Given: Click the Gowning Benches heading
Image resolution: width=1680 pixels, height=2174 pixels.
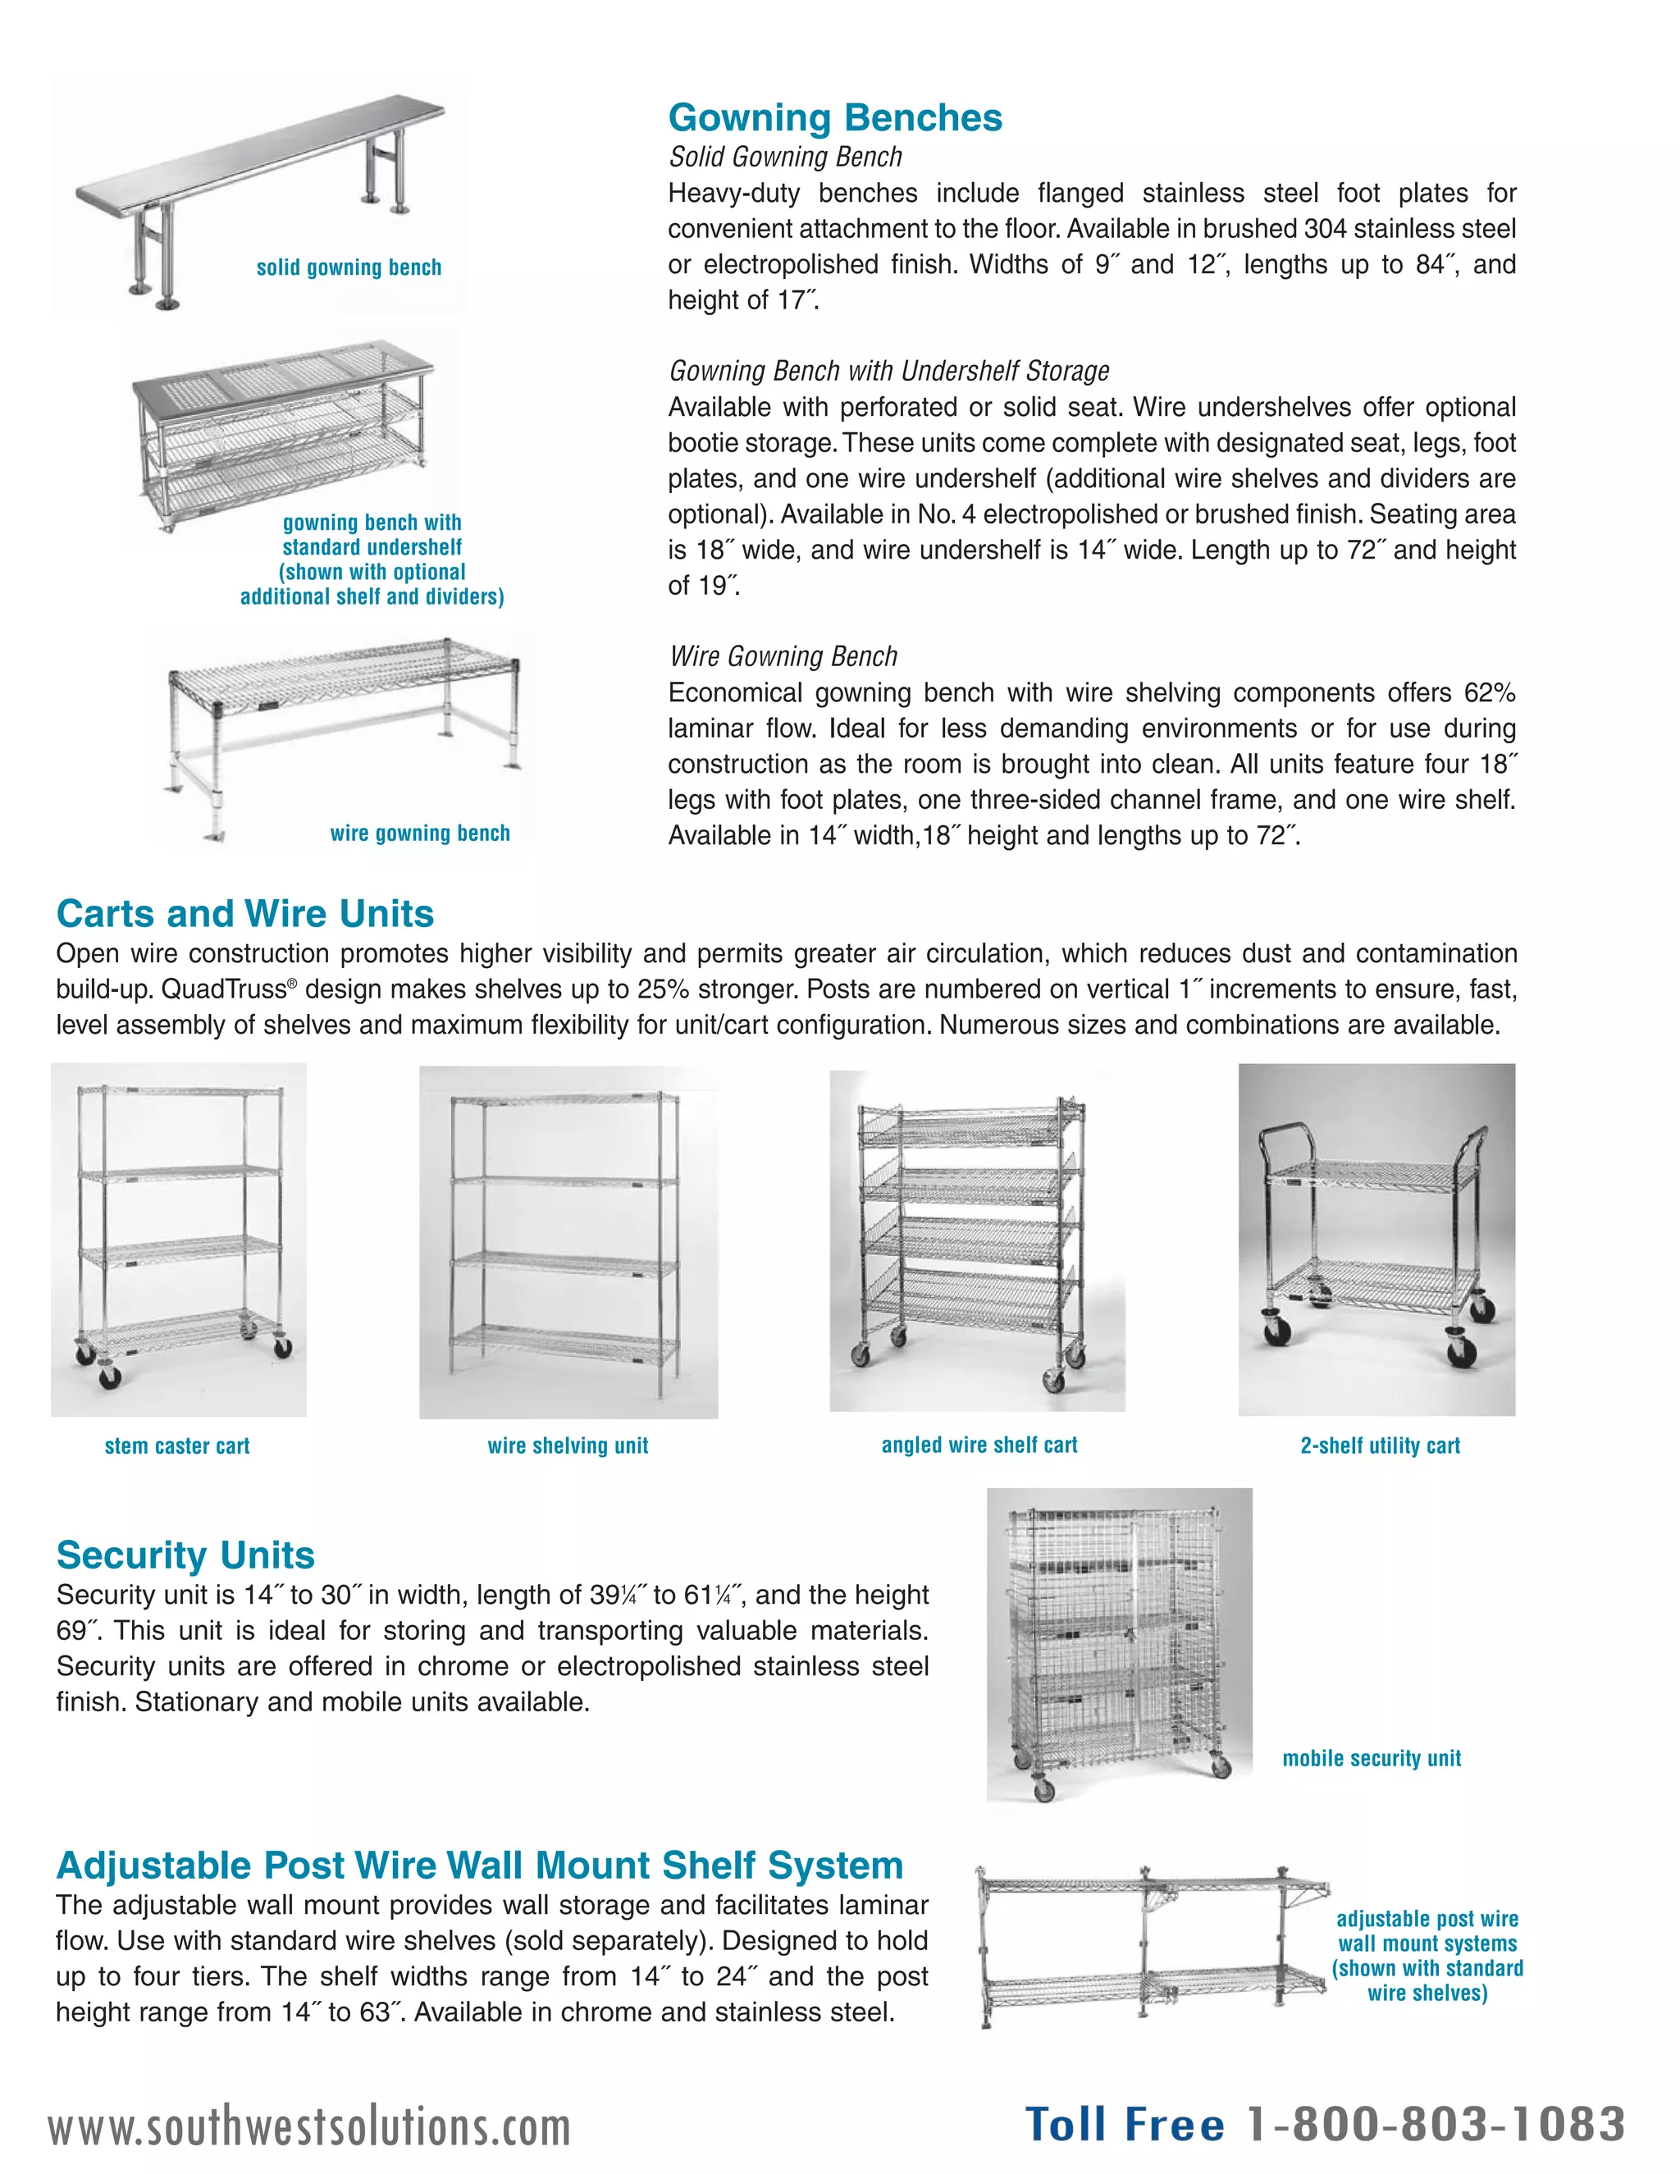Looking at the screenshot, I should (x=834, y=117).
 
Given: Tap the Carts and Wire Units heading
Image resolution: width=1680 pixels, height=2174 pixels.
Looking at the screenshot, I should (x=244, y=913).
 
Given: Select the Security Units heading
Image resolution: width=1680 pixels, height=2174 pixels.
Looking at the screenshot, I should (x=185, y=1554).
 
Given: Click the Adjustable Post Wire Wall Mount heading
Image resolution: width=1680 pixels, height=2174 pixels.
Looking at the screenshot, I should (x=479, y=1865).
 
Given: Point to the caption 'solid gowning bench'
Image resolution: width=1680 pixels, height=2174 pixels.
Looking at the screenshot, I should (x=349, y=267).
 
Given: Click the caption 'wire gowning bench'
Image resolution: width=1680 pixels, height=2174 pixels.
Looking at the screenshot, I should (x=419, y=834).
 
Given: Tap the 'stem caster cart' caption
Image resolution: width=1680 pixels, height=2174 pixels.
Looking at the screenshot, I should (x=177, y=1446).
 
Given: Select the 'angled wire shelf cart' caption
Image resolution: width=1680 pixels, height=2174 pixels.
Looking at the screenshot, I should (x=979, y=1445).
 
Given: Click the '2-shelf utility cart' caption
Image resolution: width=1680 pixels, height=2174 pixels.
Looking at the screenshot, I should (x=1380, y=1446).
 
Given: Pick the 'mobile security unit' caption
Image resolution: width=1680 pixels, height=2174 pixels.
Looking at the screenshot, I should (x=1372, y=1758).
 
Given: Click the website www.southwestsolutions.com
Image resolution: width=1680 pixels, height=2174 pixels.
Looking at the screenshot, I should (x=309, y=2127).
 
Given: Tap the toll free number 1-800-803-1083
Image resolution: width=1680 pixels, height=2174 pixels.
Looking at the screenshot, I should (x=1436, y=2123).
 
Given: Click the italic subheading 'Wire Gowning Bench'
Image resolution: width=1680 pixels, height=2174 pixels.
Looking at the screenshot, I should (x=783, y=656).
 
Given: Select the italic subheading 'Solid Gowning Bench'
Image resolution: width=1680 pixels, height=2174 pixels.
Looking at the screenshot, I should (x=785, y=156).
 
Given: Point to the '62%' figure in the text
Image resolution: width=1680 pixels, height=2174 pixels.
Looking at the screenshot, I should (x=1489, y=693).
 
